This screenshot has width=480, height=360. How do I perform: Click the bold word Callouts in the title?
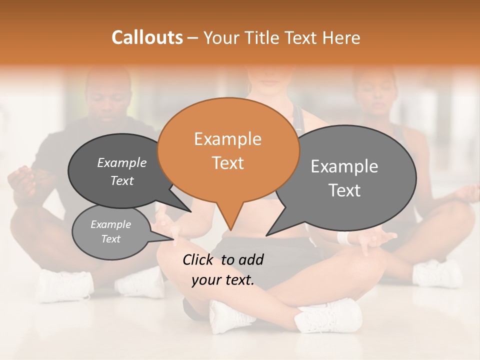[147, 37]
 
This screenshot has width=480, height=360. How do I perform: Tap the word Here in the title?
[341, 37]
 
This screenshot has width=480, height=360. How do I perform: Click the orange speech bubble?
[228, 150]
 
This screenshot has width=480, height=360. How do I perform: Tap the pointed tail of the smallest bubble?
[167, 239]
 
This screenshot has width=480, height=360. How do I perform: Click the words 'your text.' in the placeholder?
[223, 280]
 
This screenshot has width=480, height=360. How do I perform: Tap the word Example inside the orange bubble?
[227, 139]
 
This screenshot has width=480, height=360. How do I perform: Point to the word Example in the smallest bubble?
[110, 224]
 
